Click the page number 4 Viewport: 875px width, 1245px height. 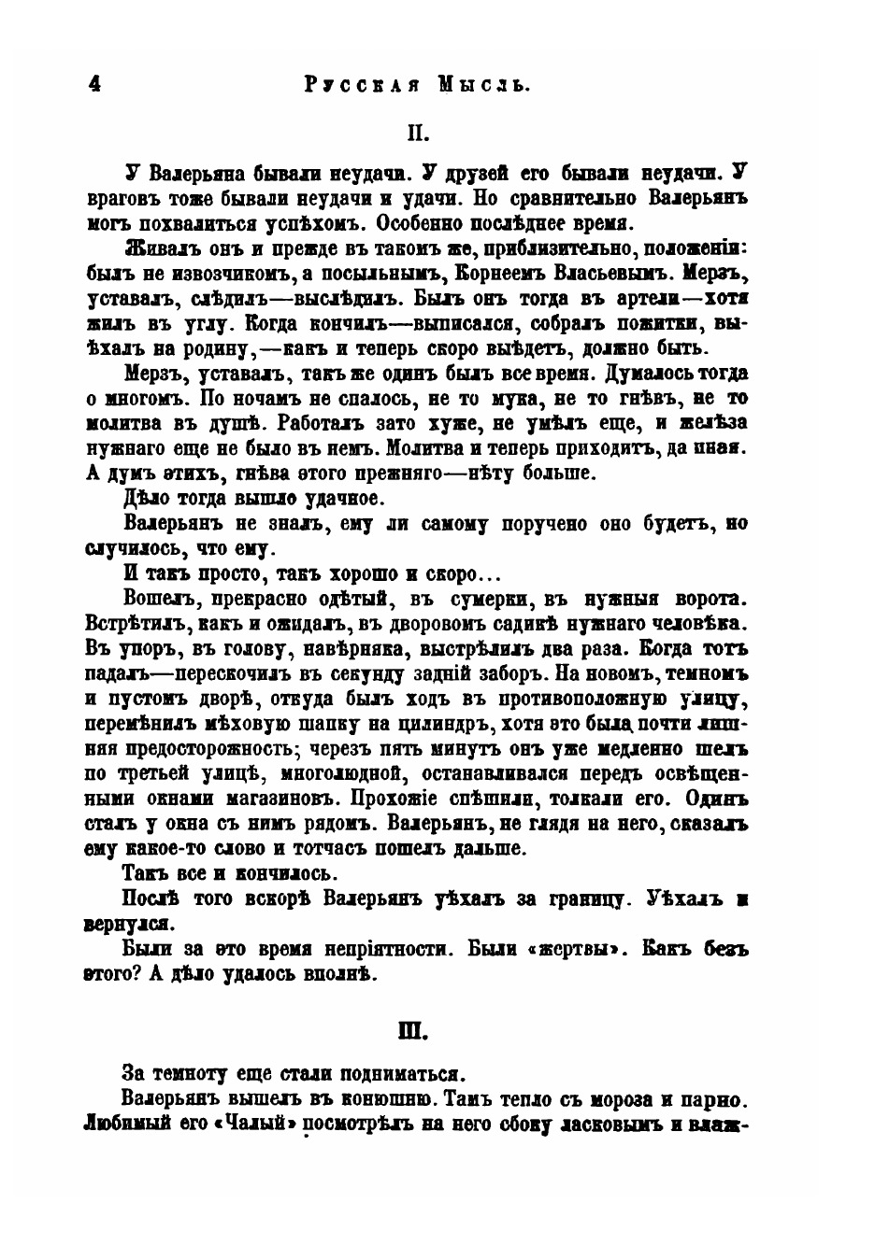93,82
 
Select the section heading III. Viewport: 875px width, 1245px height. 412,1032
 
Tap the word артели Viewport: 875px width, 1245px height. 641,299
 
